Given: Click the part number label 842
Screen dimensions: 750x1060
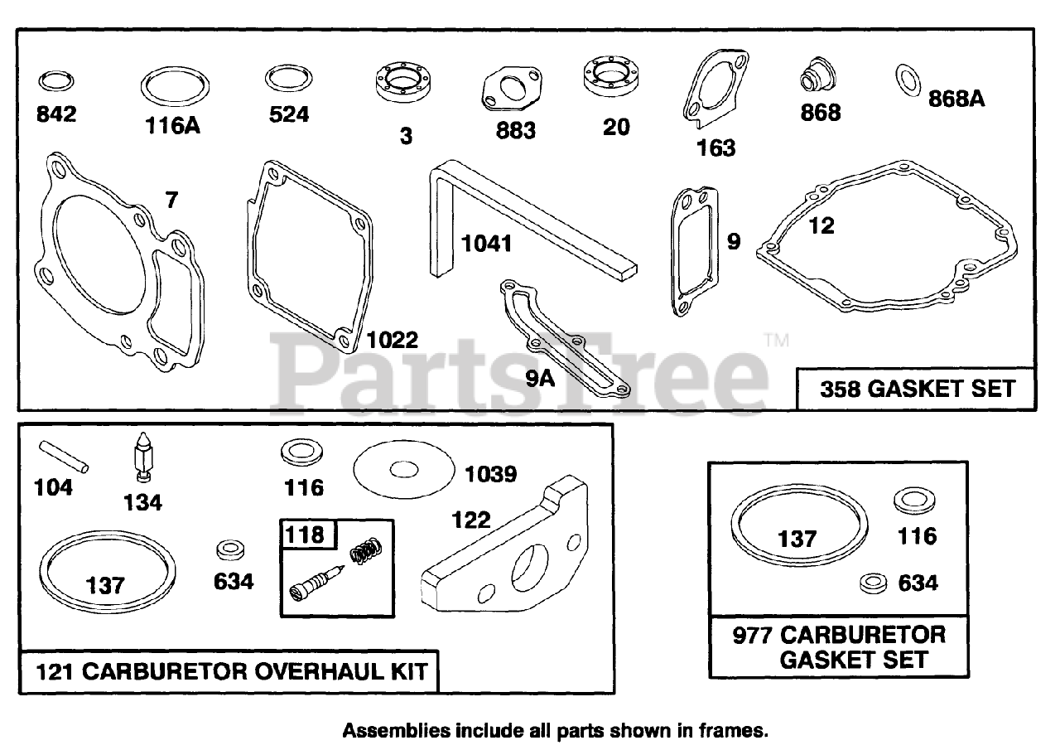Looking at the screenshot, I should pos(56,114).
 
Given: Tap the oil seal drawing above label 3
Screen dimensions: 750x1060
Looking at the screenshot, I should pos(406,85).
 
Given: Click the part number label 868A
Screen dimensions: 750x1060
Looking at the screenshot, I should pos(956,99).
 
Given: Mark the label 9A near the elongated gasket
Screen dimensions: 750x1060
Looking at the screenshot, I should pos(539,379).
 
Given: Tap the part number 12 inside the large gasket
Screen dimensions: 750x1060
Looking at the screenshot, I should pos(821,225).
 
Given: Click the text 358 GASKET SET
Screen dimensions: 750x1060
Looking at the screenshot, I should pos(917,389).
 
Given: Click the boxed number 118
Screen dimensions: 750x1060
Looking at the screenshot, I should pos(304,535).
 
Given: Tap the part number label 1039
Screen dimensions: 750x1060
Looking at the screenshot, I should pos(490,474).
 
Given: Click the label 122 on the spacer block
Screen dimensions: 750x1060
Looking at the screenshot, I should pos(470,520).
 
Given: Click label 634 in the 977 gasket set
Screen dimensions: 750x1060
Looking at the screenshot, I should pos(918,583).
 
